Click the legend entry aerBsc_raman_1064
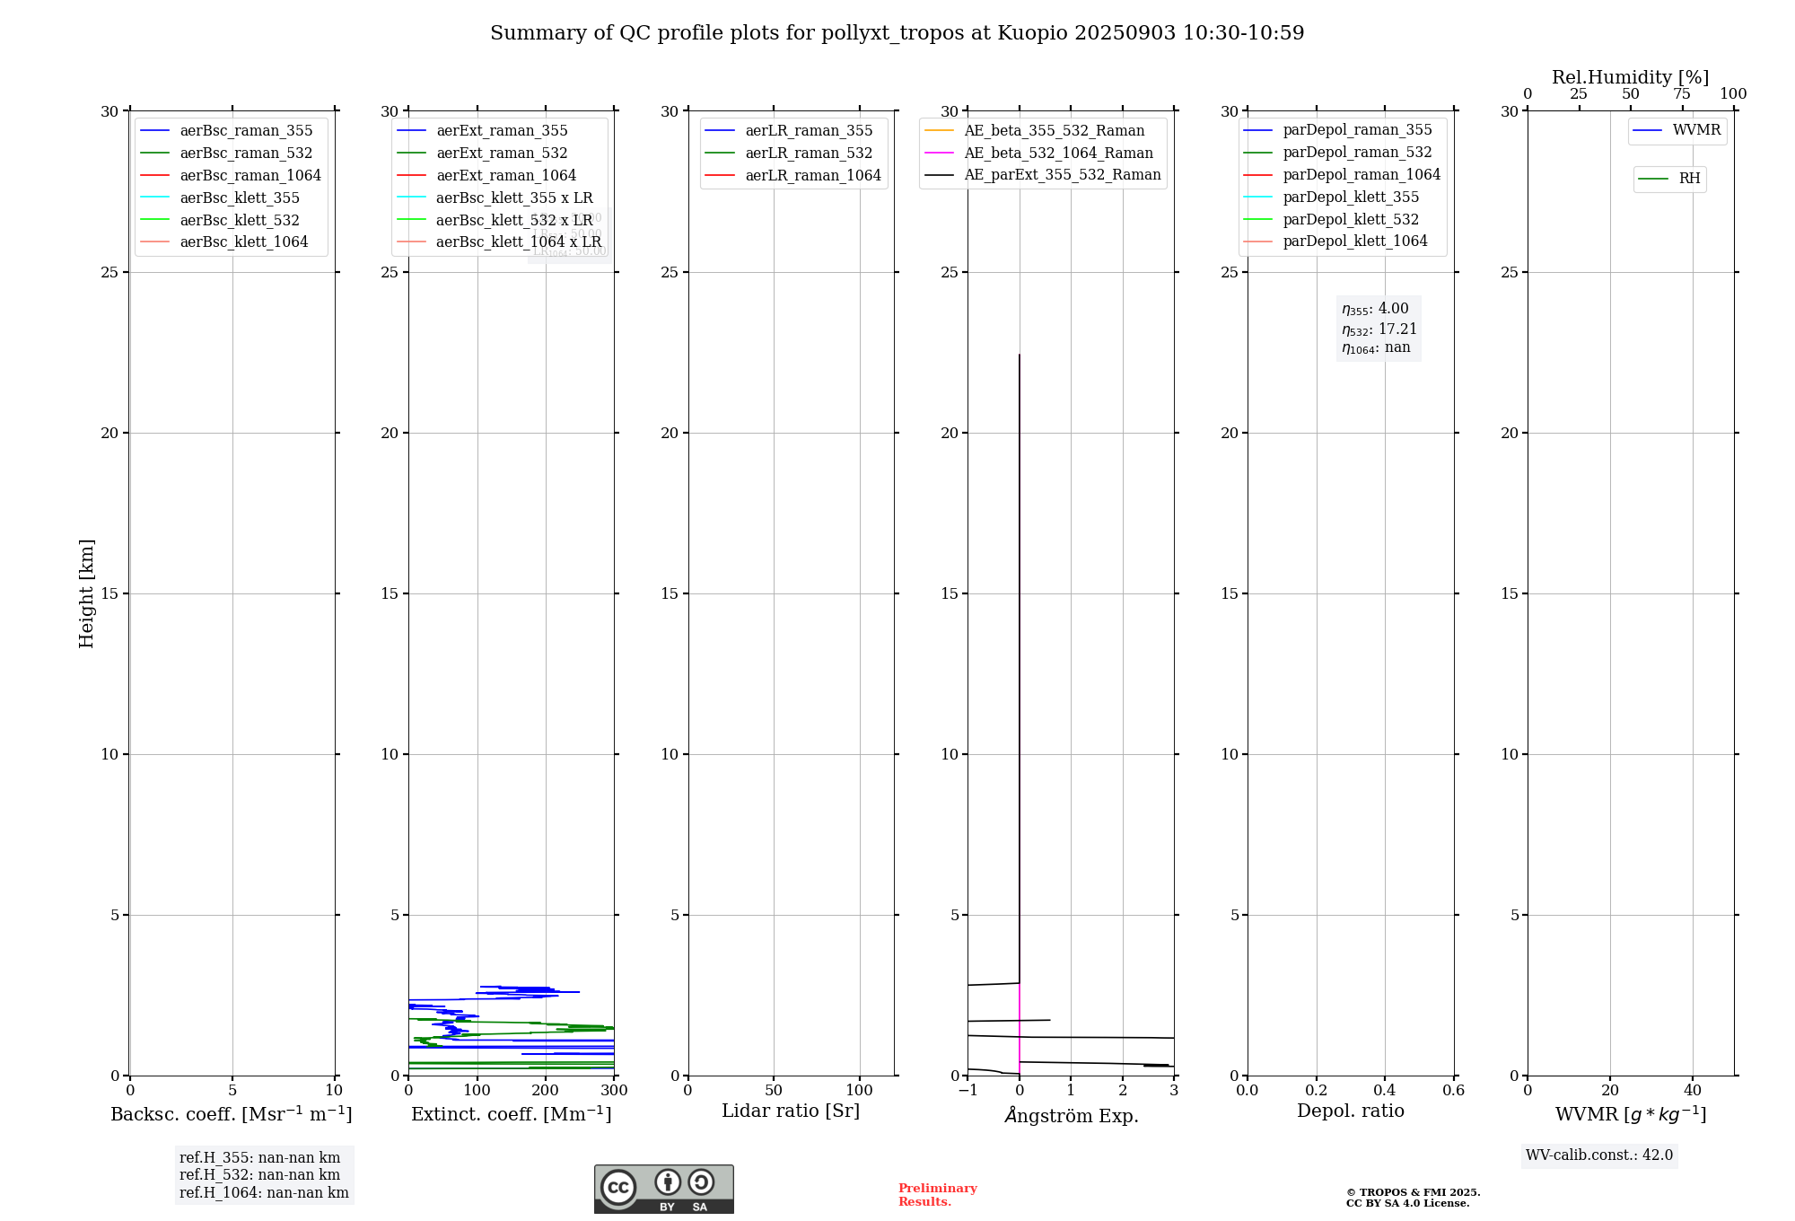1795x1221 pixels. pyautogui.click(x=250, y=175)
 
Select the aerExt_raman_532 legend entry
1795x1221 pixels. pyautogui.click(x=502, y=153)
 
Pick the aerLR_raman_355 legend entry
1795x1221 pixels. pyautogui.click(x=809, y=130)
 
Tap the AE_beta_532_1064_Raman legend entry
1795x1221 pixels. pyautogui.click(x=1058, y=153)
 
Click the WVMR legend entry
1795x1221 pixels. pyautogui.click(x=1696, y=130)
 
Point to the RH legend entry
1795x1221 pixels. pyautogui.click(x=1689, y=179)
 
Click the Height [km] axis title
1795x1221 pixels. pyautogui.click(x=86, y=593)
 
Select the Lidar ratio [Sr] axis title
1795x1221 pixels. pyautogui.click(x=791, y=1111)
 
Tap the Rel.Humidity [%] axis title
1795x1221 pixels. pyautogui.click(x=1630, y=77)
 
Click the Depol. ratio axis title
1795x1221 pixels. pyautogui.click(x=1350, y=1111)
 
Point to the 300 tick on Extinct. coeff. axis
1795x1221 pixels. pyautogui.click(x=614, y=1091)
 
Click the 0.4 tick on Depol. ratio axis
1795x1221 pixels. pyautogui.click(x=1385, y=1091)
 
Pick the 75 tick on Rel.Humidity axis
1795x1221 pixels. pyautogui.click(x=1682, y=94)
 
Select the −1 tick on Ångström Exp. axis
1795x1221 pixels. pyautogui.click(x=968, y=1091)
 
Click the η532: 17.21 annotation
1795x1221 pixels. pyautogui.click(x=1379, y=329)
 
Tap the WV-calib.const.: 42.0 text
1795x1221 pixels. pyautogui.click(x=1599, y=1155)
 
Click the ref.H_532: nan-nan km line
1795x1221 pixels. pyautogui.click(x=259, y=1174)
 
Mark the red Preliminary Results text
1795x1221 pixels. pyautogui.click(x=937, y=1195)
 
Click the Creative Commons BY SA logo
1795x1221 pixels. pyautogui.click(x=663, y=1189)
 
